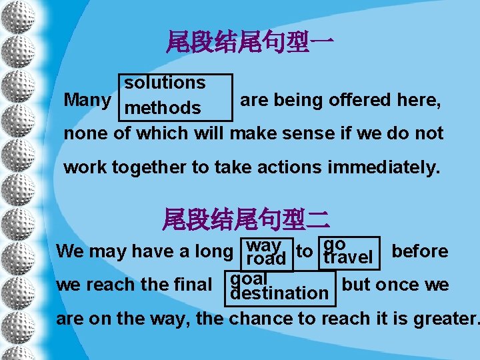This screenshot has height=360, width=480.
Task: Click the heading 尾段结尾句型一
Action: (x=250, y=43)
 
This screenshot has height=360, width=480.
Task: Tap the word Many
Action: (x=87, y=100)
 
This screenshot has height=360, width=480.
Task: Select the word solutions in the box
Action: (x=165, y=83)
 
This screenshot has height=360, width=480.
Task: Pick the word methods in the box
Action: (x=163, y=107)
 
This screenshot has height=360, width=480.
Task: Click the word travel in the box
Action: (x=347, y=257)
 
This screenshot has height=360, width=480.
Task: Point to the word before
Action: (x=419, y=251)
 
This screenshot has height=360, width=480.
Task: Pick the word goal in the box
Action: (x=248, y=277)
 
